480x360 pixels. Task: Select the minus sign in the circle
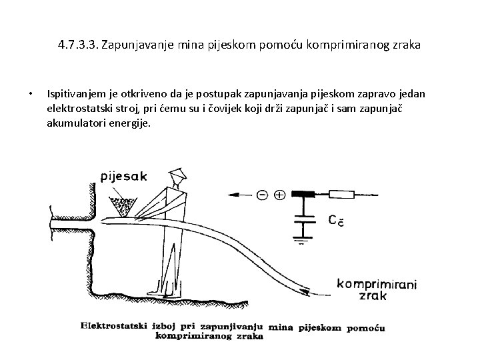(262, 195)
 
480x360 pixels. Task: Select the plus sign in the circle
(279, 195)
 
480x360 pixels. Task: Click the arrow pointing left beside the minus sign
(240, 195)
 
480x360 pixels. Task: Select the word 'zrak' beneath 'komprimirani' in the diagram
(372, 295)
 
